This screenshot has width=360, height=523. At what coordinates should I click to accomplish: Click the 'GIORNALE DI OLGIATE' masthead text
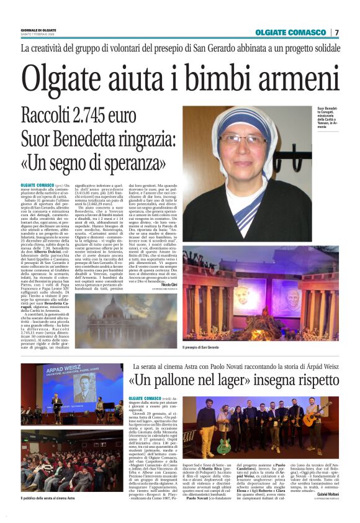[x=37, y=30]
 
